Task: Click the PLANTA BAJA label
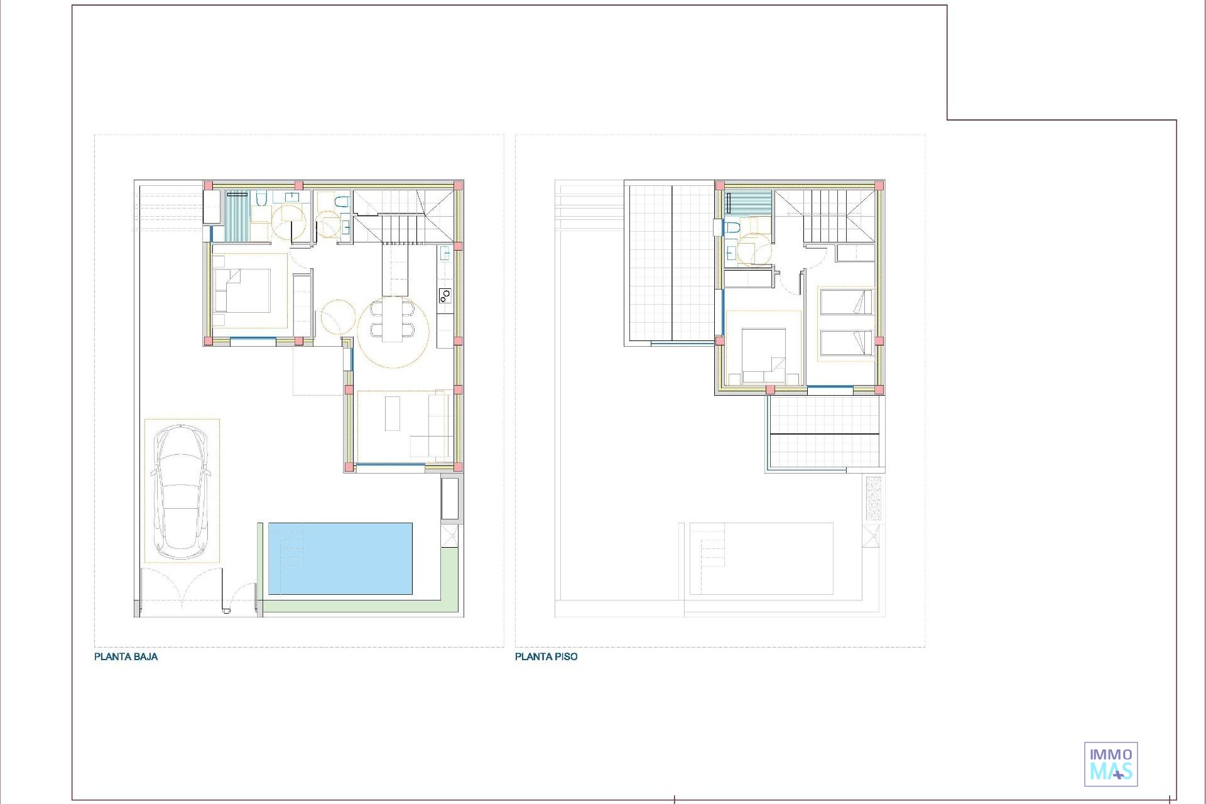(x=126, y=657)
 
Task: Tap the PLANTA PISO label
(x=546, y=657)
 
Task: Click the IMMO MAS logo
(x=1111, y=764)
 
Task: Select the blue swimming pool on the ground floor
(x=340, y=558)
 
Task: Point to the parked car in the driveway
(x=182, y=492)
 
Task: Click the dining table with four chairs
(x=393, y=320)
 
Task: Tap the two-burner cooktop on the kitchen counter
(x=445, y=295)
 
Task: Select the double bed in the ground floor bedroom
(x=242, y=290)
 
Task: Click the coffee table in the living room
(x=393, y=413)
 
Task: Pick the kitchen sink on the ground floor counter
(x=445, y=254)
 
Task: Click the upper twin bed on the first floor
(x=846, y=302)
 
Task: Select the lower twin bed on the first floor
(x=846, y=343)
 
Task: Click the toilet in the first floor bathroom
(x=732, y=227)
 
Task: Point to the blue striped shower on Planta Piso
(x=748, y=203)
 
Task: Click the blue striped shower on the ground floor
(x=237, y=215)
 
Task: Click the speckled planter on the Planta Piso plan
(x=874, y=499)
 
